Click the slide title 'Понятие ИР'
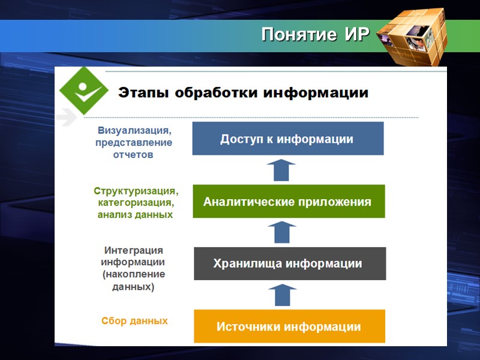[315, 35]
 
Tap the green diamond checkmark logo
[83, 91]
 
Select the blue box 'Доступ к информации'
[287, 139]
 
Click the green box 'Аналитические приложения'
[287, 202]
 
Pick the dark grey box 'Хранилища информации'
[289, 264]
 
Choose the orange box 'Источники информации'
[289, 327]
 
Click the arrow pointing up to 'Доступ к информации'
[281, 170]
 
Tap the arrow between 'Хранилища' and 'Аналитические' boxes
[281, 232]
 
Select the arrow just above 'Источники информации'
[281, 295]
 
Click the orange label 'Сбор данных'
[134, 321]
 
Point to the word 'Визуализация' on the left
[134, 130]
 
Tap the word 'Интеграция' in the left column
[133, 250]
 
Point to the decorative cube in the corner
[415, 38]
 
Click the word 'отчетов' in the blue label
[133, 155]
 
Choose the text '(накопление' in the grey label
[133, 274]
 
